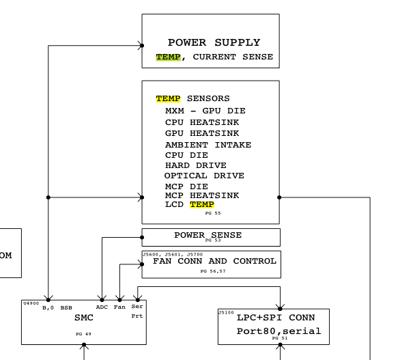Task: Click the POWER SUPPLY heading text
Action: click(x=214, y=43)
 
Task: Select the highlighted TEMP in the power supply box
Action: click(x=168, y=57)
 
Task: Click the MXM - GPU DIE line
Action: click(x=205, y=111)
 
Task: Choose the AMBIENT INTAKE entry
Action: click(x=207, y=145)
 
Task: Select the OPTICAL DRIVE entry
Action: click(x=203, y=176)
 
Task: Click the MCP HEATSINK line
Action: click(x=202, y=195)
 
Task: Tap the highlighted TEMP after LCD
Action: click(x=201, y=205)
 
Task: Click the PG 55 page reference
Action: click(x=212, y=213)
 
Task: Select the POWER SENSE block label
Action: click(x=207, y=235)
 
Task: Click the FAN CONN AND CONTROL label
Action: click(x=214, y=261)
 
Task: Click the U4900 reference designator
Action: click(x=30, y=303)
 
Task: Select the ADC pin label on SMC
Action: click(x=102, y=307)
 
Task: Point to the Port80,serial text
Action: click(x=278, y=331)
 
